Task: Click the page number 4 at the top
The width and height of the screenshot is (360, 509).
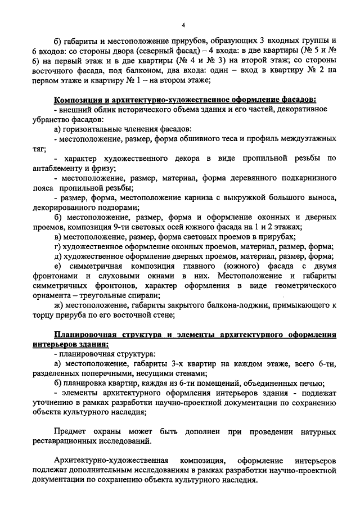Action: pos(184,24)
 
